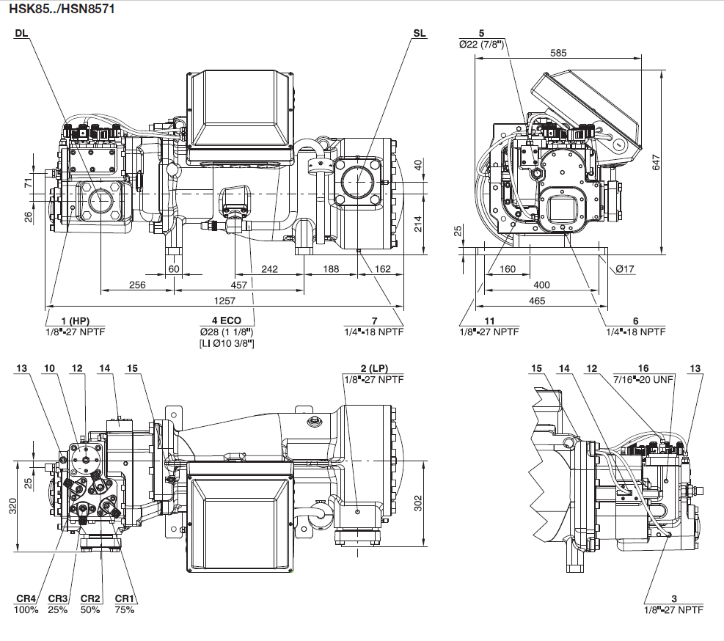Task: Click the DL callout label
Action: click(21, 34)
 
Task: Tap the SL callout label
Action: click(419, 34)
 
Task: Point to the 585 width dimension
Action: click(559, 53)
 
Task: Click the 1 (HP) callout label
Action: click(74, 320)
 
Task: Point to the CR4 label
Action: click(25, 598)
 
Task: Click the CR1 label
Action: click(124, 598)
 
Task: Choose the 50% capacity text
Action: click(91, 609)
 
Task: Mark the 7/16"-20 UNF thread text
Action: click(643, 378)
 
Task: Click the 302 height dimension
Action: click(418, 502)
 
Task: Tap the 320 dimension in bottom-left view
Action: click(12, 506)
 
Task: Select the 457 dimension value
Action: click(239, 285)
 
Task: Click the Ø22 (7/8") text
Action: click(481, 44)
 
